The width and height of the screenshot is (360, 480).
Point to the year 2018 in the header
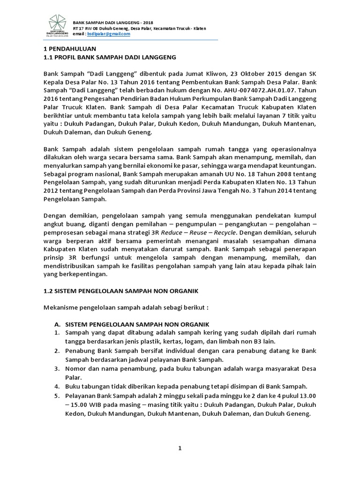pyautogui.click(x=147, y=22)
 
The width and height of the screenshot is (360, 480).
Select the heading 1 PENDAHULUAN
pyautogui.click(x=70, y=48)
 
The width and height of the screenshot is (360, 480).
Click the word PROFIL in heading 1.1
pyautogui.click(x=67, y=57)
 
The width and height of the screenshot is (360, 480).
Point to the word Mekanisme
pyautogui.click(x=62, y=308)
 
